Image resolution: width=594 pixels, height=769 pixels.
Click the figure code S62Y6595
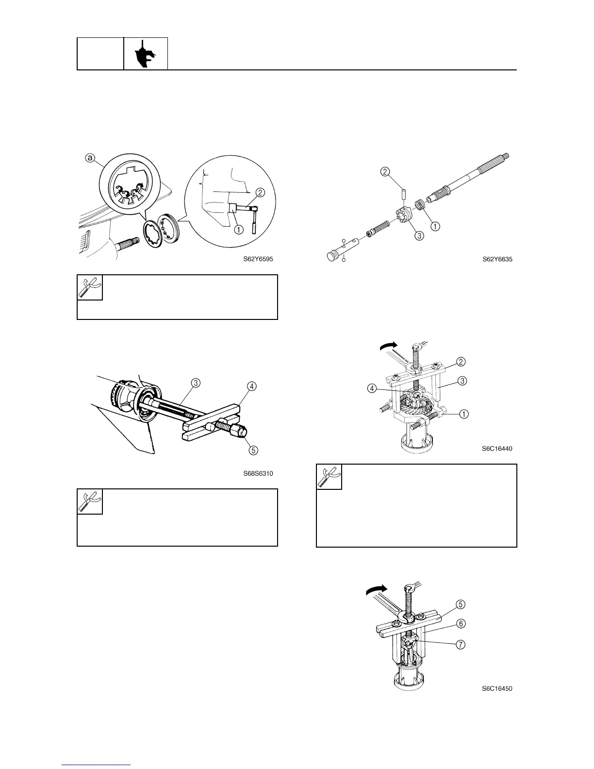point(258,259)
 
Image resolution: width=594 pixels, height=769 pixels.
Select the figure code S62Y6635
point(497,259)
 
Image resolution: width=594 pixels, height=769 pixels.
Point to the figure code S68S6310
point(258,473)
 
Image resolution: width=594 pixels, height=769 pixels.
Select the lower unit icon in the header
point(146,54)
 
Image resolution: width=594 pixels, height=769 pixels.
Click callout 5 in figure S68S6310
point(253,450)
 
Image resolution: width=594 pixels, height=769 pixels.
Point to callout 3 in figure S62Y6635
point(419,236)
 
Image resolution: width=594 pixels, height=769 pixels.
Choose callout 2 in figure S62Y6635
point(385,172)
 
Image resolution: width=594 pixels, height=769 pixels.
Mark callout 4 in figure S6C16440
point(372,388)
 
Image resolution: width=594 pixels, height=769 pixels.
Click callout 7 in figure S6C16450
point(461,645)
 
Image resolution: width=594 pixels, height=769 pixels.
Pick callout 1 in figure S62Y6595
point(238,230)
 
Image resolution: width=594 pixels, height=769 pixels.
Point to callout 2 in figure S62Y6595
point(260,193)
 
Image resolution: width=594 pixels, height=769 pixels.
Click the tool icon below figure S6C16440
point(330,477)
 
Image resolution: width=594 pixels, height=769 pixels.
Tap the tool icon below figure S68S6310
point(90,502)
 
